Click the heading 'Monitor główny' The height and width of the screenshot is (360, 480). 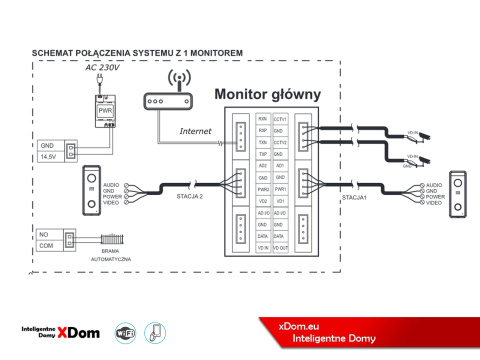pos(267,94)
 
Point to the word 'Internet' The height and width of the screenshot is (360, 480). pos(195,130)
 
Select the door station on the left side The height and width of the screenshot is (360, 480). pos(92,190)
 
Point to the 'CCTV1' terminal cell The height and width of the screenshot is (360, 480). pos(281,118)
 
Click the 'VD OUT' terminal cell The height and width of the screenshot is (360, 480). pos(281,247)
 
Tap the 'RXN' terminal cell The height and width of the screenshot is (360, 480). pos(262,118)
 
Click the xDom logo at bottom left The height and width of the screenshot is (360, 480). pos(60,332)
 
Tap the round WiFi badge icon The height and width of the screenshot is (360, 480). pos(126,332)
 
